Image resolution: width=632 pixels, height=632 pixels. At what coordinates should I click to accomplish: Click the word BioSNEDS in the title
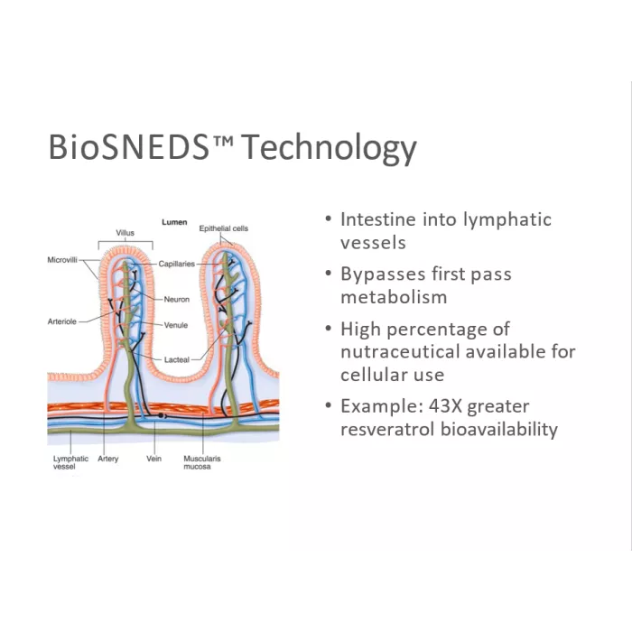click(128, 146)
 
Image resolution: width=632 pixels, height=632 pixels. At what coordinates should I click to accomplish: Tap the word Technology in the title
click(330, 148)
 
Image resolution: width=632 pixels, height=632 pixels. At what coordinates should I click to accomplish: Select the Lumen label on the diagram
click(174, 222)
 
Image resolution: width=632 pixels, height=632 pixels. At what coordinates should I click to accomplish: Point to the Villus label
click(125, 233)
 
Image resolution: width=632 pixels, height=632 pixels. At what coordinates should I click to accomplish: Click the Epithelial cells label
click(224, 228)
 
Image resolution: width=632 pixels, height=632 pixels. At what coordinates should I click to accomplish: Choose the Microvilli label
click(62, 260)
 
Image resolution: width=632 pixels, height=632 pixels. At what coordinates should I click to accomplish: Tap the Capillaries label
click(177, 264)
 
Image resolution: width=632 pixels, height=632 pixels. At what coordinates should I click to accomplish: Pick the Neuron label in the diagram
click(177, 299)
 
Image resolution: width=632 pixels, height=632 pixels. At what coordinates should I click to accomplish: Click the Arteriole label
click(62, 321)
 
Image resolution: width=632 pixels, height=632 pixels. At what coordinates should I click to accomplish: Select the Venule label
click(176, 325)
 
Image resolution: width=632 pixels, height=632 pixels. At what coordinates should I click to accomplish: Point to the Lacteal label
click(177, 359)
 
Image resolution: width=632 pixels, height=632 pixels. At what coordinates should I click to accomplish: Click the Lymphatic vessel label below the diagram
click(70, 462)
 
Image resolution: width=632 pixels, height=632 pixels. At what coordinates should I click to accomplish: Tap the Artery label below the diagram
click(108, 459)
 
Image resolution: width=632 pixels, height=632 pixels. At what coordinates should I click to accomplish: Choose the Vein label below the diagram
click(154, 459)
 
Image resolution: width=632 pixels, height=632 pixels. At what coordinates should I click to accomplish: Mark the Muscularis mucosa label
click(202, 462)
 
